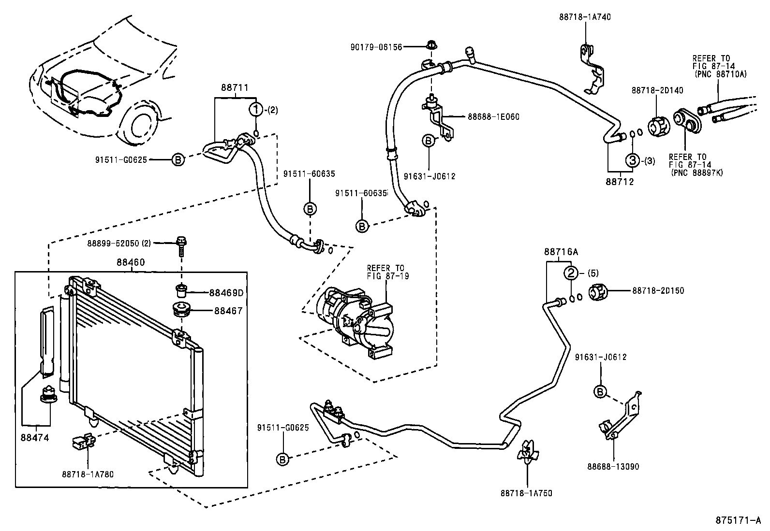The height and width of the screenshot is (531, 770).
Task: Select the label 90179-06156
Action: [376, 47]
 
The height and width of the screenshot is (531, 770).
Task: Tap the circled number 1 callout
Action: [255, 110]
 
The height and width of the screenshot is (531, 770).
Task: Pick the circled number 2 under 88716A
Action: [571, 273]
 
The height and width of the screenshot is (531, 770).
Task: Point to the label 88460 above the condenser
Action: [131, 262]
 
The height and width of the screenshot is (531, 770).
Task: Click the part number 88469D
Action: [226, 293]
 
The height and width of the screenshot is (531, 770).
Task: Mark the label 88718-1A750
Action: [527, 493]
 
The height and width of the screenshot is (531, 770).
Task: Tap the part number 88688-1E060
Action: [493, 117]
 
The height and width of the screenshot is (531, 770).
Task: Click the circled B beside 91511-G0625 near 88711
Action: [178, 159]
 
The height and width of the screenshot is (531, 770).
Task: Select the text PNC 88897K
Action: [696, 173]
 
